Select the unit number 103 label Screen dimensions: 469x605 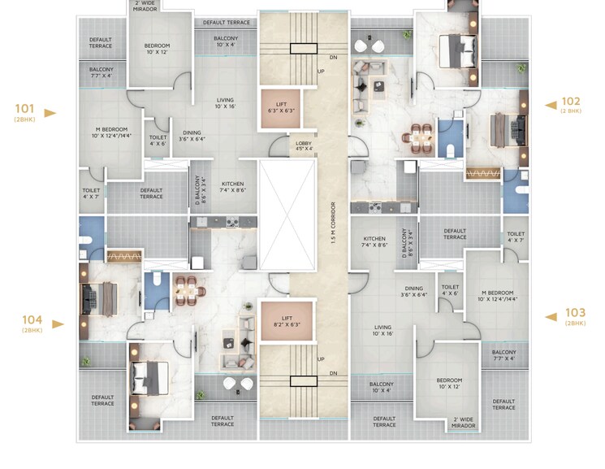pyautogui.click(x=575, y=312)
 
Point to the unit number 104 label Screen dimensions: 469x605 pyautogui.click(x=32, y=319)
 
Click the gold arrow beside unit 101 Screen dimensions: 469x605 pyautogui.click(x=50, y=113)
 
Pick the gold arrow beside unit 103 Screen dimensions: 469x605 pyautogui.click(x=549, y=315)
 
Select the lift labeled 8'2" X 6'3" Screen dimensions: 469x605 pyautogui.click(x=285, y=320)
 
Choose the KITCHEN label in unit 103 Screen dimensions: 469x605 pyautogui.click(x=374, y=241)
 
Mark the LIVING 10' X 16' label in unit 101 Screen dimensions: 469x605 pyautogui.click(x=224, y=102)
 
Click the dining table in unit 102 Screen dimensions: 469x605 pyautogui.click(x=418, y=137)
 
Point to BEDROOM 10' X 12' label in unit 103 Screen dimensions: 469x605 pyautogui.click(x=448, y=384)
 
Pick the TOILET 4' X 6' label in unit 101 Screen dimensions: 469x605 pyautogui.click(x=158, y=141)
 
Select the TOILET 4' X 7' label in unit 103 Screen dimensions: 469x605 pyautogui.click(x=516, y=237)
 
